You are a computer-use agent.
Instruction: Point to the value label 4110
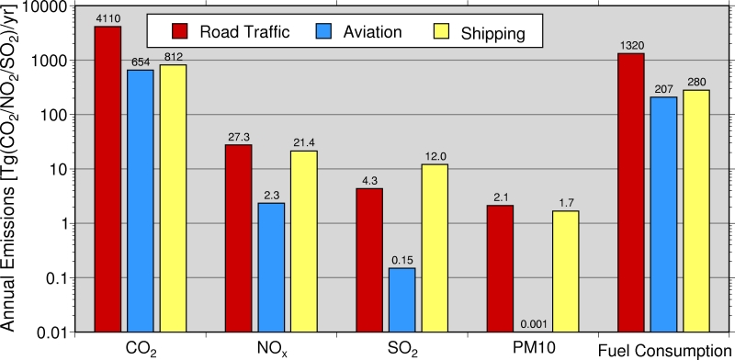(107, 17)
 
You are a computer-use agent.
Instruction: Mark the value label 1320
(630, 45)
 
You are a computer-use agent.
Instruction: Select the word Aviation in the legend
(373, 33)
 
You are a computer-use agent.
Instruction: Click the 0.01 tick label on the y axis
(71, 332)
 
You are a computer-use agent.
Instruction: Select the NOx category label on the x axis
(271, 349)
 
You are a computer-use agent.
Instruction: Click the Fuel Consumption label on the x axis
(662, 350)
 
